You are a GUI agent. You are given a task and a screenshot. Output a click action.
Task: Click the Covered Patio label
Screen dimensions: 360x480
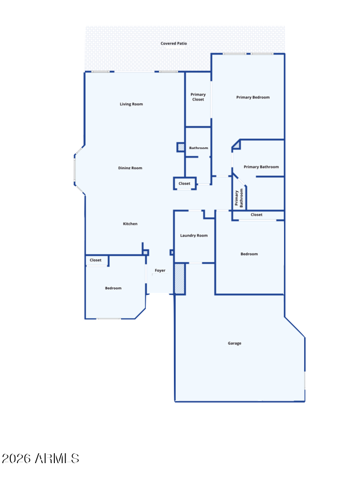pos(173,44)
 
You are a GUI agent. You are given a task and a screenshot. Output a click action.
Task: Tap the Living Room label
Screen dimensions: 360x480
pos(131,104)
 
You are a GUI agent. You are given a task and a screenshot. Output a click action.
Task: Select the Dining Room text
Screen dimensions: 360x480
pos(130,168)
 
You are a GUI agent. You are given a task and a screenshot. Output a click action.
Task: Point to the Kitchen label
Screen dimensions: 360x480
pos(130,224)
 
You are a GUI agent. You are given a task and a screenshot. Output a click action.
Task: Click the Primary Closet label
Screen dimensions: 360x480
pos(198,97)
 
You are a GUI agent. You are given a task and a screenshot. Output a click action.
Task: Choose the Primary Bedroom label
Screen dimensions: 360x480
pos(253,97)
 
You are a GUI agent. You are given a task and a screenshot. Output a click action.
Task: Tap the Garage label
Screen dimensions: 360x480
pos(234,343)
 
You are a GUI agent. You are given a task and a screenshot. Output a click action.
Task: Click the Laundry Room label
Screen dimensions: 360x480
pos(194,235)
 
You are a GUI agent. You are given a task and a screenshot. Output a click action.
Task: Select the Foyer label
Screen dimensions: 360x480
pos(160,270)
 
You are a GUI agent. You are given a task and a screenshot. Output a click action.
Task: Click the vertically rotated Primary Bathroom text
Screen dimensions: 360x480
pos(239,198)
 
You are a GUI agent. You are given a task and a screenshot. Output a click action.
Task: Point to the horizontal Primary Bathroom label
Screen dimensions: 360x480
pos(261,167)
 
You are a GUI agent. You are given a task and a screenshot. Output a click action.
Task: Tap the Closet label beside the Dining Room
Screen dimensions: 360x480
pos(184,183)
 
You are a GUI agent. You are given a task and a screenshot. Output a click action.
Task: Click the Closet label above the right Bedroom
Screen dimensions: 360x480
pos(256,215)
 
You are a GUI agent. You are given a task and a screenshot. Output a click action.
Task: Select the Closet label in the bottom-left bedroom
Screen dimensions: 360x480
pos(96,260)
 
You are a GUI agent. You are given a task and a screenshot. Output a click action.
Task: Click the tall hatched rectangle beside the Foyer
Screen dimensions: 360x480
pos(180,279)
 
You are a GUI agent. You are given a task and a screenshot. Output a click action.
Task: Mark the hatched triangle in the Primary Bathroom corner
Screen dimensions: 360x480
pos(237,145)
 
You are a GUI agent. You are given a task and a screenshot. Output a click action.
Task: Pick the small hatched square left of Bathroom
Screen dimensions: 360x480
pos(181,147)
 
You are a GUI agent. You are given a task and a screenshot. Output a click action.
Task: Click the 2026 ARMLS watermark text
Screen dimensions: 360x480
pos(40,458)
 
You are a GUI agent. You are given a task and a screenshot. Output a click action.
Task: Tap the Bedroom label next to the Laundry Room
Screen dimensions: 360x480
pos(249,254)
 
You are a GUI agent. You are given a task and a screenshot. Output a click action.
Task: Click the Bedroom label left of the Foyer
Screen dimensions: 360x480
pos(113,288)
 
